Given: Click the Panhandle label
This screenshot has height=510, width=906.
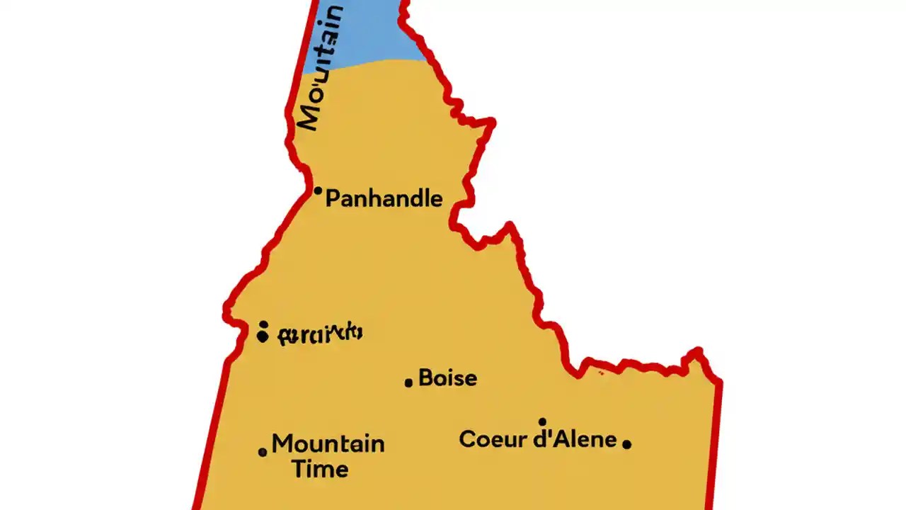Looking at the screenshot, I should (384, 199).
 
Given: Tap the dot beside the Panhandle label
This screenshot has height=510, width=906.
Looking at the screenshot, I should (318, 191).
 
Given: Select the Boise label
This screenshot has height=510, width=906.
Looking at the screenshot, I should (447, 378).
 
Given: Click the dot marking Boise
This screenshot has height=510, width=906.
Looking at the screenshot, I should (408, 382).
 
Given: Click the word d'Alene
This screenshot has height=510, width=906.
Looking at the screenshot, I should (575, 439).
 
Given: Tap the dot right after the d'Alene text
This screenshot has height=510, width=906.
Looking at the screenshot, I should (626, 444).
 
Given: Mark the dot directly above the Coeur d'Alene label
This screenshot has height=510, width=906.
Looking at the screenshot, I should (542, 422).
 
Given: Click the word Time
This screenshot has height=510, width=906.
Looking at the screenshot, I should (320, 469).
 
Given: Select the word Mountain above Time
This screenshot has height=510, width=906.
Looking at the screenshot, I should (328, 444).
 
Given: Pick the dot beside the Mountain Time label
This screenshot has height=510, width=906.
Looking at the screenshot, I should (263, 452).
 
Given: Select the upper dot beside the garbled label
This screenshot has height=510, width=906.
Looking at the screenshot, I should (263, 324).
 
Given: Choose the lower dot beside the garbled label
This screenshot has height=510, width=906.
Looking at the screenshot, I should (263, 336).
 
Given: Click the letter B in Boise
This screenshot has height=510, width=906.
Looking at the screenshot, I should (426, 378).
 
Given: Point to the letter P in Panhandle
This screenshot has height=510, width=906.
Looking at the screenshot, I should (333, 199).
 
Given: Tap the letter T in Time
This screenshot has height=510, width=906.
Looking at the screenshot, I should (299, 468).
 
